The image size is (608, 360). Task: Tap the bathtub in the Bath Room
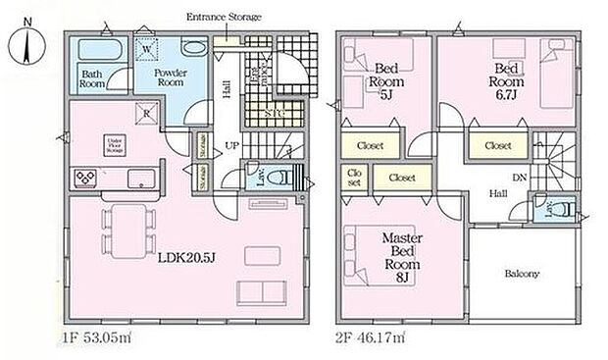point(95,50)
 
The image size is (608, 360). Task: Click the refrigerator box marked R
point(144,113)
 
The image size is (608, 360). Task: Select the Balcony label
point(522,274)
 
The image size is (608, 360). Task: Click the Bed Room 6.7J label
point(506,75)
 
